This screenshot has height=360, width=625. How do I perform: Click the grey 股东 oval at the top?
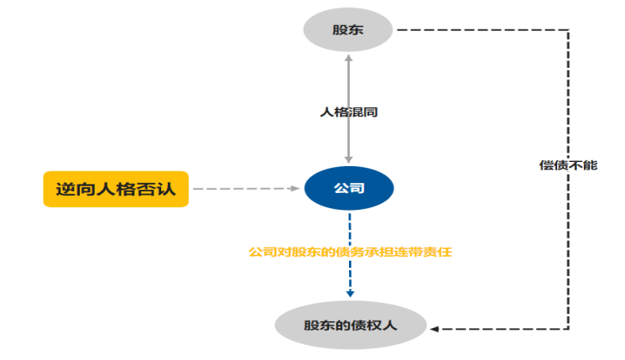[348, 31]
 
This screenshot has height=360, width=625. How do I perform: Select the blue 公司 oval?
[348, 189]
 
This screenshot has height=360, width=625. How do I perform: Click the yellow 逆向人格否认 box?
[116, 189]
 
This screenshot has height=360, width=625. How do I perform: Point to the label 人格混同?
[348, 111]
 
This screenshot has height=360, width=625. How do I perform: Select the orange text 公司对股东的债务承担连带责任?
[350, 251]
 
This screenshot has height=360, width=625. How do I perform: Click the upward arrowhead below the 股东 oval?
[348, 56]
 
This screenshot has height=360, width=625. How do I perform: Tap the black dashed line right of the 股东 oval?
[478, 31]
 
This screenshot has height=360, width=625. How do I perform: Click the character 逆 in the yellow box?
[65, 189]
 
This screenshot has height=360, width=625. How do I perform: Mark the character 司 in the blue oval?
[357, 189]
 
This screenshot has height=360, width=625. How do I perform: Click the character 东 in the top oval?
[357, 31]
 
